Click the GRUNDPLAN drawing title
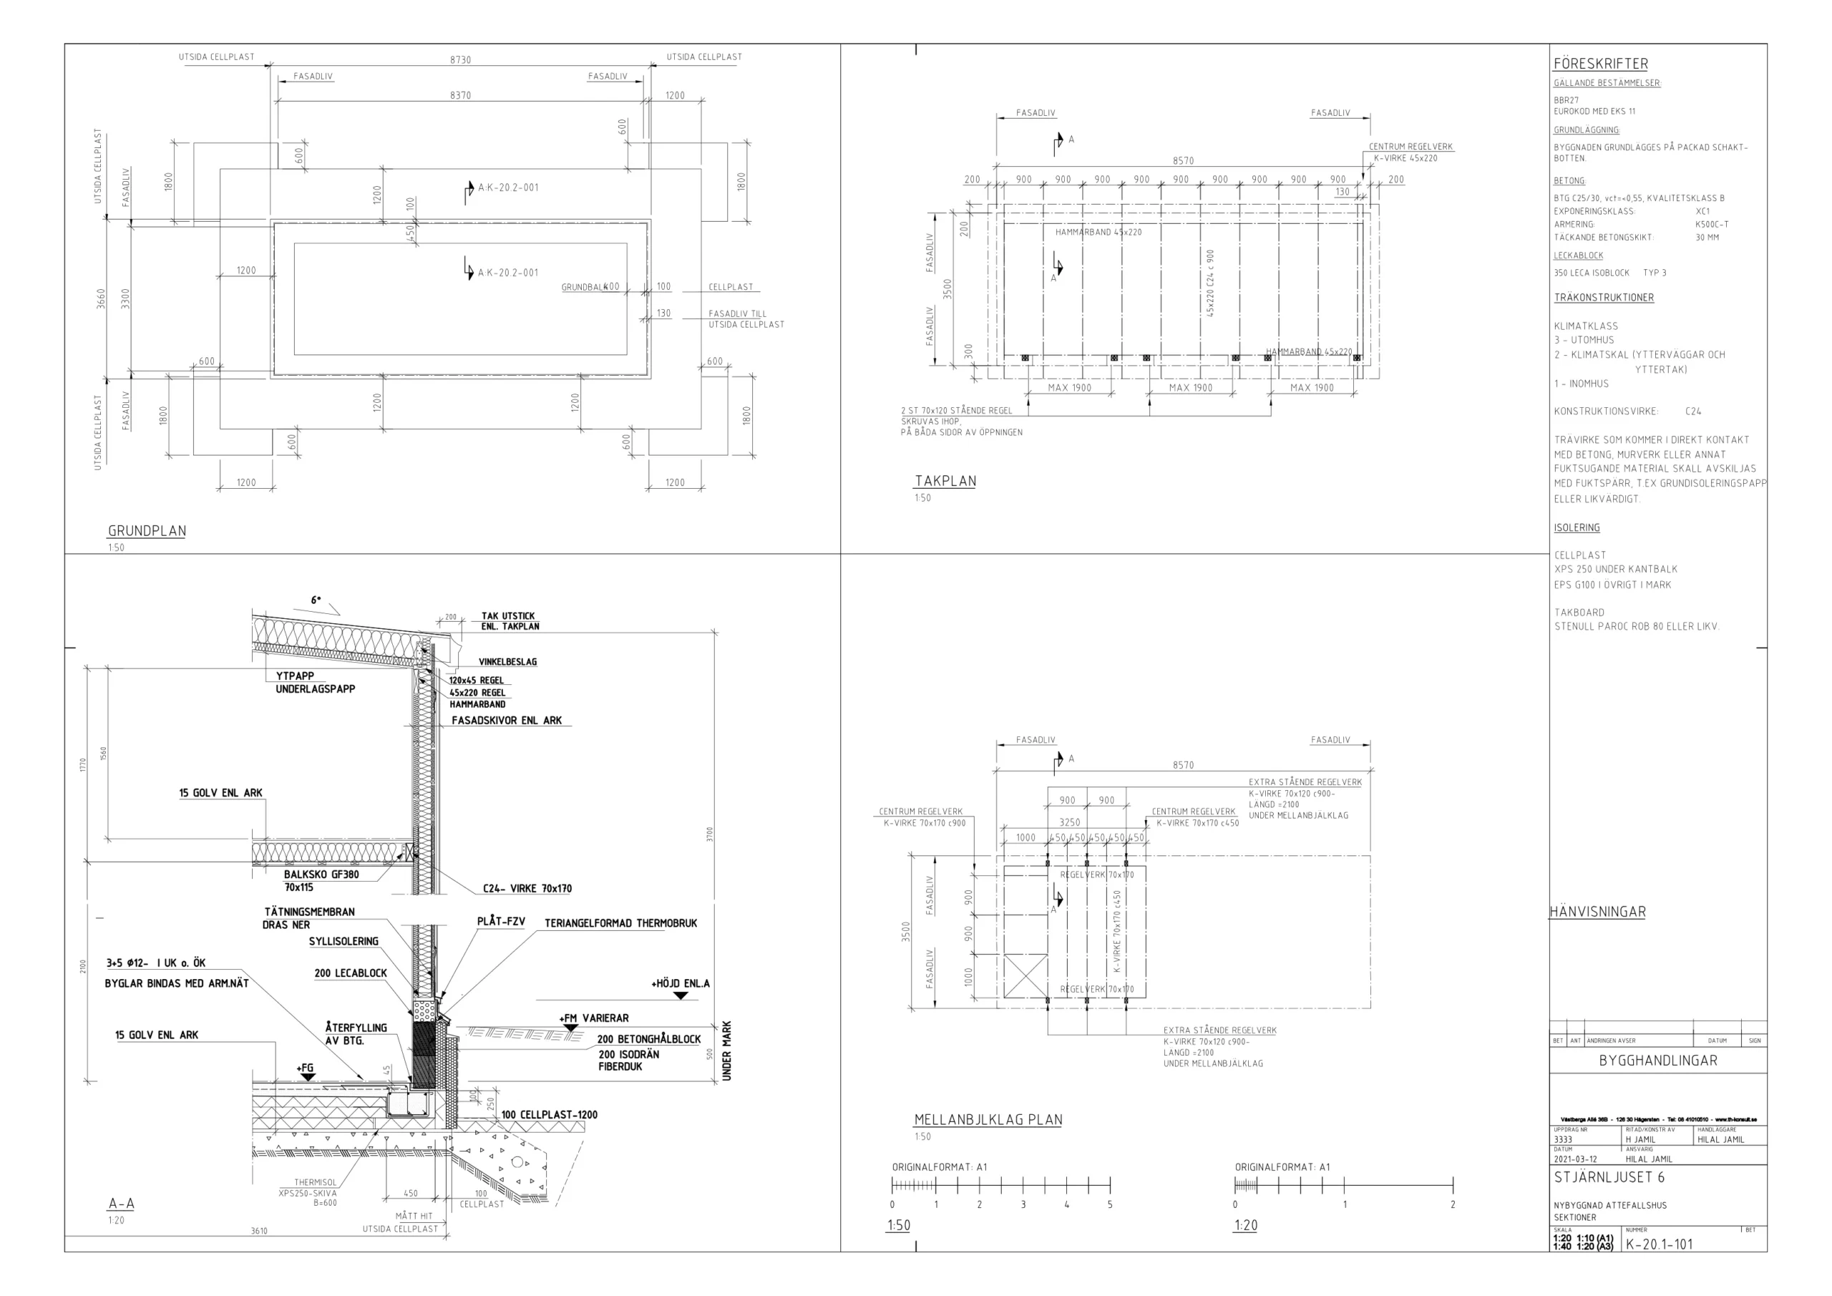click(x=147, y=531)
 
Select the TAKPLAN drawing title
click(x=945, y=481)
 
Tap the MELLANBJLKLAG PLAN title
click(x=988, y=1120)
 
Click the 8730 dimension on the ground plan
click(x=460, y=60)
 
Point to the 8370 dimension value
click(x=460, y=95)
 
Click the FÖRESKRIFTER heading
click(x=1601, y=64)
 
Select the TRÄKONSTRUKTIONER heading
click(x=1604, y=298)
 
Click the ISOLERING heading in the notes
click(x=1577, y=527)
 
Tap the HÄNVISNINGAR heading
click(x=1597, y=912)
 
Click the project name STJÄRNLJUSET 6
click(x=1609, y=1177)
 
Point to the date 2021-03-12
click(x=1575, y=1159)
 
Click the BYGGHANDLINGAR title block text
click(x=1658, y=1061)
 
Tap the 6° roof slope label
click(x=316, y=600)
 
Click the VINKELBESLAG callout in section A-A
click(x=507, y=661)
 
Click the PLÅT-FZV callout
click(x=501, y=921)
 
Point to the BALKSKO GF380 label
click(x=321, y=874)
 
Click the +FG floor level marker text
click(x=305, y=1068)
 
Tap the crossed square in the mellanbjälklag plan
click(x=1025, y=975)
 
